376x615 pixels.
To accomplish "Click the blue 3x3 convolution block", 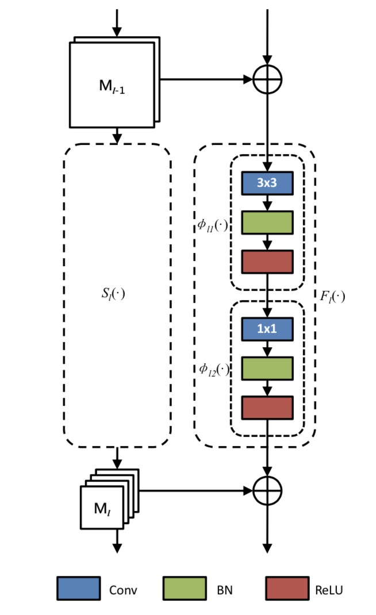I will tap(267, 183).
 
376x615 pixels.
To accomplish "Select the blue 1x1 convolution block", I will tap(267, 329).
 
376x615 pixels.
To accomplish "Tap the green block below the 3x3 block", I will tap(267, 222).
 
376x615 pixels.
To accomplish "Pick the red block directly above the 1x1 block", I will tap(267, 262).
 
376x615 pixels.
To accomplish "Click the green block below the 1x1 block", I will tap(267, 368).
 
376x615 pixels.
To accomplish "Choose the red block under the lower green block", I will tap(267, 408).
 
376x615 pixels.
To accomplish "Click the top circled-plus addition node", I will tap(267, 78).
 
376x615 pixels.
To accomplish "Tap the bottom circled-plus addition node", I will tap(267, 490).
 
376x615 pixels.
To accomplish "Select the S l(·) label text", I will tap(112, 293).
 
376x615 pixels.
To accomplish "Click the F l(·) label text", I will tap(332, 297).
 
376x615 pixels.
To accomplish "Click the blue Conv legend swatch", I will tap(78, 589).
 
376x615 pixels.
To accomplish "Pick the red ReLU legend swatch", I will tap(287, 589).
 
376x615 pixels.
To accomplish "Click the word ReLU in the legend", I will tap(330, 589).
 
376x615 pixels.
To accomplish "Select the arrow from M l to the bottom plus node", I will tap(195, 490).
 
